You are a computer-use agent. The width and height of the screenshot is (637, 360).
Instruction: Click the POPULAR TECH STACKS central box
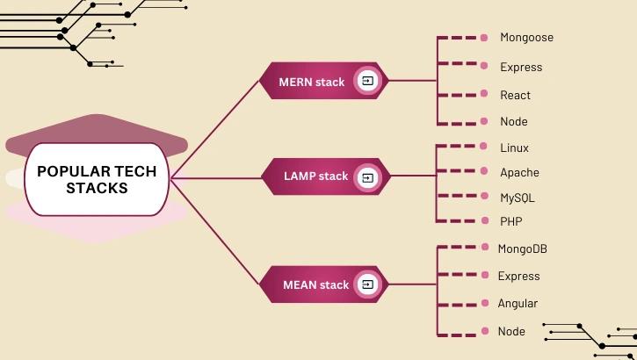pos(97,179)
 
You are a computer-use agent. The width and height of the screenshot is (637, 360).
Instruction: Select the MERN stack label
pos(312,82)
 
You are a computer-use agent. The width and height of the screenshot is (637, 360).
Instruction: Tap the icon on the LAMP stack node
pos(368,176)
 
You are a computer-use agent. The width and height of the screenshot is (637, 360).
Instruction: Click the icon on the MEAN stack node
pos(368,284)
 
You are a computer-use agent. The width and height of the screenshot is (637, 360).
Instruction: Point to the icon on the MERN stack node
pos(368,81)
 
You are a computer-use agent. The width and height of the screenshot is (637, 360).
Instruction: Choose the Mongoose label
pos(526,38)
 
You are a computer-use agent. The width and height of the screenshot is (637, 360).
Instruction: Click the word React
pos(515,95)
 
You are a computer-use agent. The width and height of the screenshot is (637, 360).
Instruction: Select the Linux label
pos(514,148)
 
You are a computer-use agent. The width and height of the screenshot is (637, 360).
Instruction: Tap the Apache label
pos(519,173)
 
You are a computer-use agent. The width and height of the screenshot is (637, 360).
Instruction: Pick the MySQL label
pos(517,198)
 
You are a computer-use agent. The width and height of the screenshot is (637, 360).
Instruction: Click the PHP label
pos(510,221)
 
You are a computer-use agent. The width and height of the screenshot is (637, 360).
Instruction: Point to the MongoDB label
pos(522,249)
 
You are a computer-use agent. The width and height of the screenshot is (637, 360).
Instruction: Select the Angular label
pos(518,304)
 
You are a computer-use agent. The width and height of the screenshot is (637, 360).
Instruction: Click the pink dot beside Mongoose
pos(484,38)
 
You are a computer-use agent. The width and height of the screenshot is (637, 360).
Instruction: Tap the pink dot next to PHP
pos(484,221)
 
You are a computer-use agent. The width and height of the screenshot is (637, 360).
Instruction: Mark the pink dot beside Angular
pos(484,304)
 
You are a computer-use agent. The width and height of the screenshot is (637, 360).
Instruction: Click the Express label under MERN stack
pos(521,67)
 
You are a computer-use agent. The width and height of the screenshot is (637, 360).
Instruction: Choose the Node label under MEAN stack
pos(511,332)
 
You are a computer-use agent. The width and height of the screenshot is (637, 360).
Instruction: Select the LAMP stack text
pos(315,176)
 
